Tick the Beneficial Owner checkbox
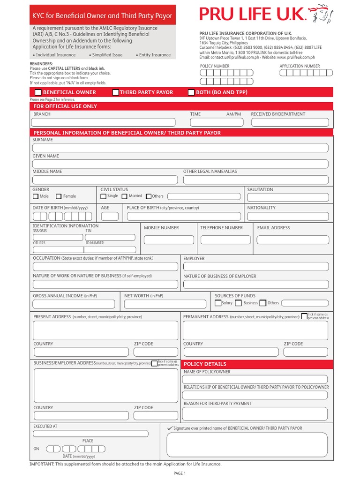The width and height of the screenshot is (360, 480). point(38,93)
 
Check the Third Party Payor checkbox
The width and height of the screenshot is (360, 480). point(115,93)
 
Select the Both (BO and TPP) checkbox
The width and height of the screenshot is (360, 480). point(191,93)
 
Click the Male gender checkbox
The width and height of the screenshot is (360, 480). point(36,196)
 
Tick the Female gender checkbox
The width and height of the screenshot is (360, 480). point(59,196)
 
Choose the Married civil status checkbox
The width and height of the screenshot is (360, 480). point(125,196)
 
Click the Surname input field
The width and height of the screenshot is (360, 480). point(180,148)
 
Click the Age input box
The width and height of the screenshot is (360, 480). point(110,216)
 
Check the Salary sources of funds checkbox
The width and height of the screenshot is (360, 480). point(218,303)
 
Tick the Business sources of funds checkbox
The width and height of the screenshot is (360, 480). point(238,303)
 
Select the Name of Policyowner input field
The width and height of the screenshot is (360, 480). point(255,379)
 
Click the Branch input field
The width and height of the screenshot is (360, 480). point(107,122)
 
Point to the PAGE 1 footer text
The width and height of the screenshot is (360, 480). point(180,473)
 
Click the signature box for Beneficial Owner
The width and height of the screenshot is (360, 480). point(247,444)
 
